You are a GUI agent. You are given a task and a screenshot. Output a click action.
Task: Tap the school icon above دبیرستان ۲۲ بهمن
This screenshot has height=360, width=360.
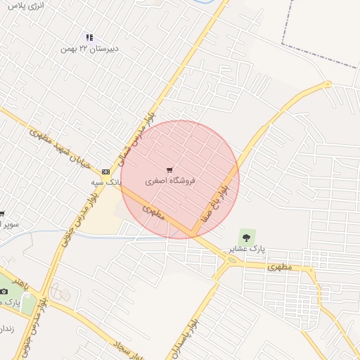pos(89,37)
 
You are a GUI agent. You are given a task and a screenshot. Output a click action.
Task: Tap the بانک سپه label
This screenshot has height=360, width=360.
pos(107,181)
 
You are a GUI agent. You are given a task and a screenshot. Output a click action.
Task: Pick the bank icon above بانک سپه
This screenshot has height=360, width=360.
pos(106,171)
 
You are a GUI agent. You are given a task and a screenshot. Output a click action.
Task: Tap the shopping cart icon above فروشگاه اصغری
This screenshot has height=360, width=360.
pos(169,170)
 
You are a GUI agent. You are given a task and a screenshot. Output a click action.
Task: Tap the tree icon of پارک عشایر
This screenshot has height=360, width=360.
pos(245,236)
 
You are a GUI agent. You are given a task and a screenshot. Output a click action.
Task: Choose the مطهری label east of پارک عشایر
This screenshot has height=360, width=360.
pos(279,267)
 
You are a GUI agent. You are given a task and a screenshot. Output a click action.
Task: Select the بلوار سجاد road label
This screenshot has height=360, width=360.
pos(130,351)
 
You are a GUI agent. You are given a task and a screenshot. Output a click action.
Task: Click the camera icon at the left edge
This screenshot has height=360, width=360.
pos(4,292)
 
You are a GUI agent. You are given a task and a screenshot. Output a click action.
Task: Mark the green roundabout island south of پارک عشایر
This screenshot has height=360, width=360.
pos(233,260)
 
